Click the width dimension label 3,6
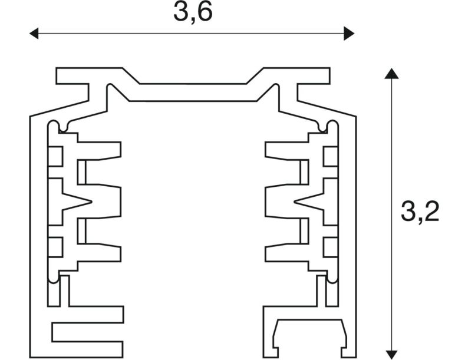coord(193,12)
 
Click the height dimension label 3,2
coord(420,212)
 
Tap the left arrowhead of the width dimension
coord(34,33)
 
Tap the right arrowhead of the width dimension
coord(349,33)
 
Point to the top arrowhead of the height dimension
coord(391,74)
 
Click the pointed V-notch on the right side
coord(309,202)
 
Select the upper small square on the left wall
coord(56,157)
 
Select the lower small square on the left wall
coord(56,247)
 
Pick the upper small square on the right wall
coord(331,157)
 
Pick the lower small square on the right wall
coord(331,247)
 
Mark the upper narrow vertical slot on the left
coord(82,172)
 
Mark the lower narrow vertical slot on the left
coord(82,231)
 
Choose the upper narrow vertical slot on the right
coord(304,172)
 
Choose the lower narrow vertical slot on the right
coord(304,231)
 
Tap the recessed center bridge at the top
coord(193,93)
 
